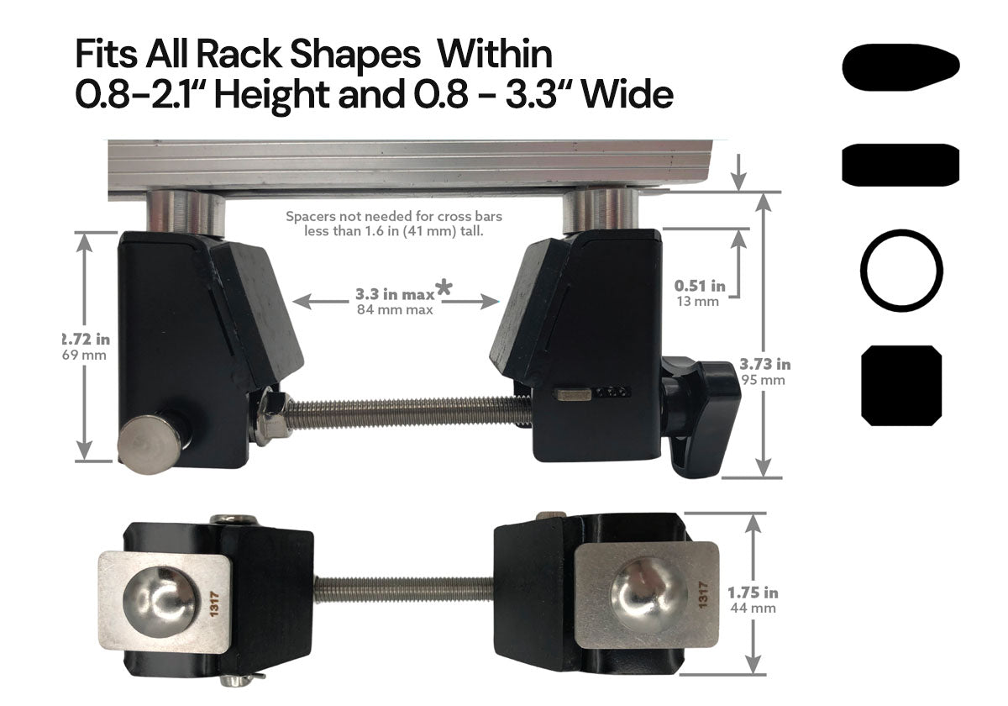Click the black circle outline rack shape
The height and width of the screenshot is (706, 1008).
[900, 271]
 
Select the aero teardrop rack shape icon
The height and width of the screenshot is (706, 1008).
[900, 66]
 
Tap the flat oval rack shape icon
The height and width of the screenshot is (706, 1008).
[900, 164]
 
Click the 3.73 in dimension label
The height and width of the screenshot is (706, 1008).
[764, 365]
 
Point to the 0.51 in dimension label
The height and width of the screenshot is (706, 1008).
[699, 287]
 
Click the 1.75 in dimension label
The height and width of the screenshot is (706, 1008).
[753, 593]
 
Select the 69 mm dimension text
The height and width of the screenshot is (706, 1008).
[87, 355]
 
